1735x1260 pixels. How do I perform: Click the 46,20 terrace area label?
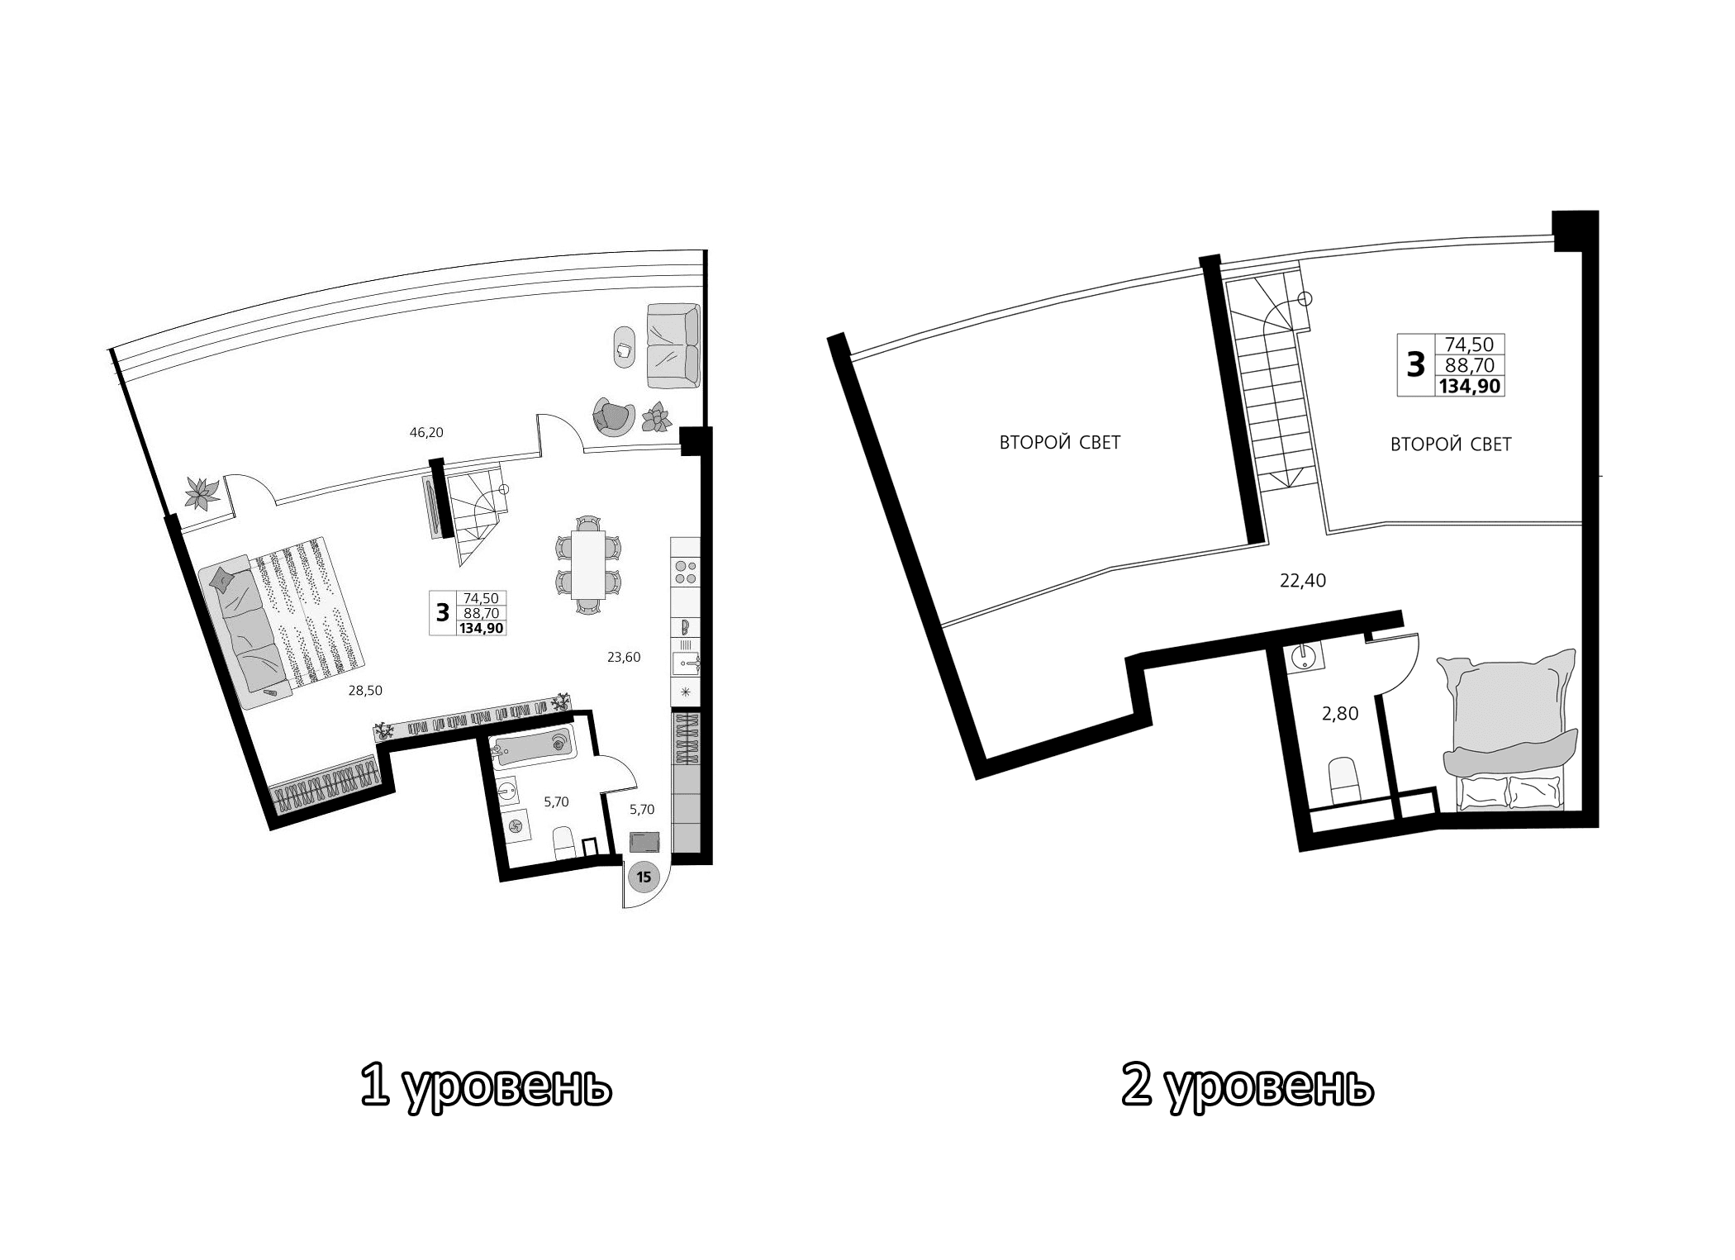426,431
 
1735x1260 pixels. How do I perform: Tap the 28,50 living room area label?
364,691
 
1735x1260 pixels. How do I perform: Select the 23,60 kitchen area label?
624,658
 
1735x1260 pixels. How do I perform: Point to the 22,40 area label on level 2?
1302,581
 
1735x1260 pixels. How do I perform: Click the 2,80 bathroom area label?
1339,713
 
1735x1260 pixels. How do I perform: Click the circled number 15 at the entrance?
644,877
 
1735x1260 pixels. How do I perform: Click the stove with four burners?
686,573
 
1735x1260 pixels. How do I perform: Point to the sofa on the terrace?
673,345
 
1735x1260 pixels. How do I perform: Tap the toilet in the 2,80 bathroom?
1343,780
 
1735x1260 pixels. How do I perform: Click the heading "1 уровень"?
486,1086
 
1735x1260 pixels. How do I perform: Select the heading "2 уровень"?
1248,1086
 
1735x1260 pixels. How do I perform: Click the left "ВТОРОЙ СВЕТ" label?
1059,443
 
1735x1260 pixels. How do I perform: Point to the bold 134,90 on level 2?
1469,386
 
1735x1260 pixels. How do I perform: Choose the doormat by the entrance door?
644,842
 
